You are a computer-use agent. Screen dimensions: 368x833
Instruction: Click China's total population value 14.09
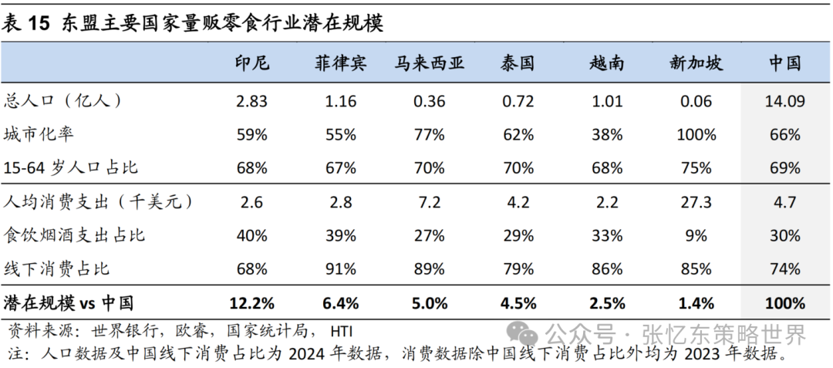tap(785, 101)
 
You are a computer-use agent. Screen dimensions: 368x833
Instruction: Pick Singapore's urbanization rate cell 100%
tap(696, 135)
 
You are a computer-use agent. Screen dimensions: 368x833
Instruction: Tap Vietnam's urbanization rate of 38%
tap(607, 135)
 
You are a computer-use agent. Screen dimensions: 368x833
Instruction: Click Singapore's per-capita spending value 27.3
tap(696, 202)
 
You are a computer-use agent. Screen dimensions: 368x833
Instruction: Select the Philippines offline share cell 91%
tap(340, 269)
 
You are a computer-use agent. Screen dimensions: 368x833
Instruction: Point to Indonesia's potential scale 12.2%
tap(251, 303)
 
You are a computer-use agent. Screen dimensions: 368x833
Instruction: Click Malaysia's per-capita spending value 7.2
tap(429, 202)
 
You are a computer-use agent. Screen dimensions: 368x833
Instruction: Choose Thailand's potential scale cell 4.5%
tap(518, 303)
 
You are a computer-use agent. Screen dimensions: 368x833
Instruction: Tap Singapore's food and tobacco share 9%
tap(696, 236)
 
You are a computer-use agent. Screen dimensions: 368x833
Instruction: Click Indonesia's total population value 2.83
tap(251, 101)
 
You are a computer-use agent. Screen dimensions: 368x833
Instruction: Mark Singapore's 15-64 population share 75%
tap(696, 168)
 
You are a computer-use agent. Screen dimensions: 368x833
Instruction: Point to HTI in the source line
tap(341, 333)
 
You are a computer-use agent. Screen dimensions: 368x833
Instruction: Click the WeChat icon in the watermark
tap(528, 335)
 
